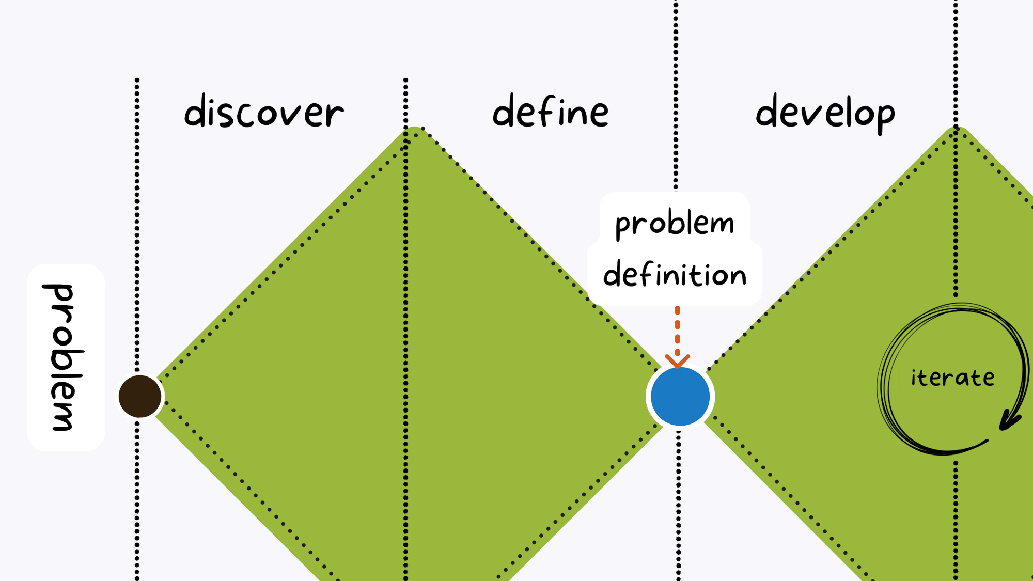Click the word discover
pos(264,112)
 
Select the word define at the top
pos(551,112)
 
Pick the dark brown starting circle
pos(140,396)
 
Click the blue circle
pos(680,397)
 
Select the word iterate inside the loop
pos(952,378)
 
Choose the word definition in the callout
pos(675,275)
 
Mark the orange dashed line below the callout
pos(677,331)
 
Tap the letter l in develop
pos(843,110)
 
